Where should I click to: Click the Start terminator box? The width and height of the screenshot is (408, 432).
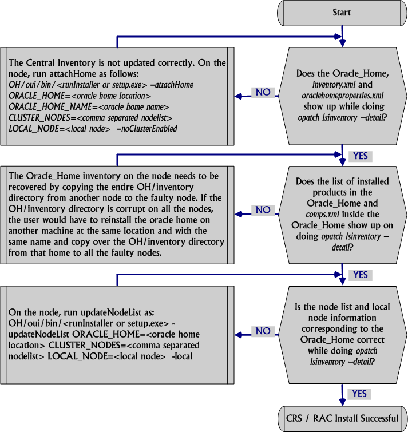tap(342, 12)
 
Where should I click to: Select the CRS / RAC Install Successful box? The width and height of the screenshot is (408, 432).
tap(342, 418)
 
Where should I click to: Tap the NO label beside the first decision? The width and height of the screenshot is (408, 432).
tap(263, 93)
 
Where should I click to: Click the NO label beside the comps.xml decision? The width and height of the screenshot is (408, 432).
tap(263, 210)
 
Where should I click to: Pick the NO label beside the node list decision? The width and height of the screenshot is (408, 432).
tap(263, 331)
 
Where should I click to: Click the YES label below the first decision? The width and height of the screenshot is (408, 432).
tap(361, 156)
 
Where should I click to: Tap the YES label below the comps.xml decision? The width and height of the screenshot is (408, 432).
tap(361, 275)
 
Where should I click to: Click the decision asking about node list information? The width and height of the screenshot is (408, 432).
tap(342, 331)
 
